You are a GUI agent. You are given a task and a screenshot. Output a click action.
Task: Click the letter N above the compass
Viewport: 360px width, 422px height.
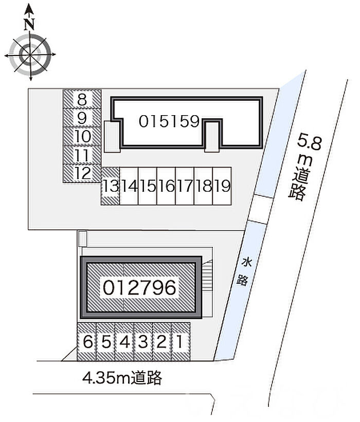click(29, 24)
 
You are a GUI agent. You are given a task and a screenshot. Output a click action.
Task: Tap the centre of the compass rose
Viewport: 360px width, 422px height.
click(30, 54)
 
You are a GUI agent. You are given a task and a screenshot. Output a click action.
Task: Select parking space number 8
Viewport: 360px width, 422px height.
click(82, 99)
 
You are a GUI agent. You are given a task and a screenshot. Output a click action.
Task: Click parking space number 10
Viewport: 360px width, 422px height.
click(82, 136)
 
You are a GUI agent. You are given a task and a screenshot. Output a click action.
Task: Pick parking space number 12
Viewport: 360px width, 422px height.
click(82, 174)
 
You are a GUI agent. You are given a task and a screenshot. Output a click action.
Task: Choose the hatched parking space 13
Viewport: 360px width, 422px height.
click(111, 186)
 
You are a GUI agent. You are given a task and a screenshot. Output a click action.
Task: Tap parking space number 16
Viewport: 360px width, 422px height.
click(166, 186)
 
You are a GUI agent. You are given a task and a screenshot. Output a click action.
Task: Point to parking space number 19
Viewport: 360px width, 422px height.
click(222, 186)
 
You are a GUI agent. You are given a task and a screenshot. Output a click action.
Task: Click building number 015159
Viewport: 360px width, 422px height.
click(169, 121)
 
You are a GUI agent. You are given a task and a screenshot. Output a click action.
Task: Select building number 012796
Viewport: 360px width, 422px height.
click(139, 287)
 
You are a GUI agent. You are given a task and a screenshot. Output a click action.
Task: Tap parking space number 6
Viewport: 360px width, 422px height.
click(87, 342)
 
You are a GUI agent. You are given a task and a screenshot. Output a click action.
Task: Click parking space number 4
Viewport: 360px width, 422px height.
click(124, 342)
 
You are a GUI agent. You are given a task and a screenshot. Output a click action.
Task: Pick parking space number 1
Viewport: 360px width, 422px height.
click(181, 342)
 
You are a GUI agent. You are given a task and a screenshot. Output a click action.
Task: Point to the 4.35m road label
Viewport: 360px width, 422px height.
click(122, 378)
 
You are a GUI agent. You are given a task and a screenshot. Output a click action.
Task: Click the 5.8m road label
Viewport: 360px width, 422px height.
click(302, 168)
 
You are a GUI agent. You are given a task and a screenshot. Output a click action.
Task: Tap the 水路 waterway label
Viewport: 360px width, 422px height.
click(244, 271)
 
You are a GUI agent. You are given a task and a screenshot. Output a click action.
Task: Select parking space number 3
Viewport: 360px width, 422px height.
click(143, 342)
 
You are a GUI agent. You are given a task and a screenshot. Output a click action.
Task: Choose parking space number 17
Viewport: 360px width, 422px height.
click(185, 186)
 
